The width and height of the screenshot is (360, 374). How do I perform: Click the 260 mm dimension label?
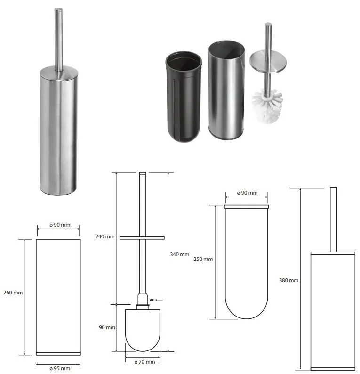click(x=13, y=293)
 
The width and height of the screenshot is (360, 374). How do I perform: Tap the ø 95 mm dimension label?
click(x=60, y=368)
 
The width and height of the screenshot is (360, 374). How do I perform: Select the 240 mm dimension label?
click(x=105, y=236)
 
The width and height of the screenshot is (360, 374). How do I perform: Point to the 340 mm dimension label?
click(x=180, y=254)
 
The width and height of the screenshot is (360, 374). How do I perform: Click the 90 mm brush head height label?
click(x=107, y=327)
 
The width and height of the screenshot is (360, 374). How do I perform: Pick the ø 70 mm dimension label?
click(x=144, y=362)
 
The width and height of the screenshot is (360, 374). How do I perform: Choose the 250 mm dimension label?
click(x=203, y=259)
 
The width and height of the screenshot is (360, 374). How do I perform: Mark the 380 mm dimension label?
click(x=289, y=280)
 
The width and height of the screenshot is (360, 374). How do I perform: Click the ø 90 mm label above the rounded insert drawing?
click(x=248, y=193)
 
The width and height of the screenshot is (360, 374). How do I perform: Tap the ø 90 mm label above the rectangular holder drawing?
click(x=60, y=225)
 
